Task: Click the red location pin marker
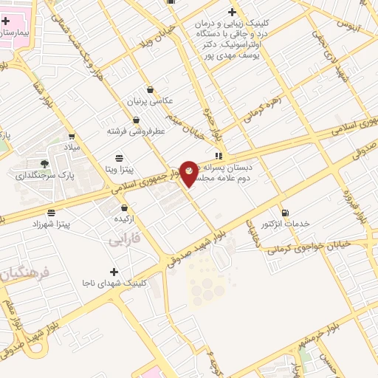point(189,173)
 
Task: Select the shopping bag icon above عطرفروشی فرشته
point(136,120)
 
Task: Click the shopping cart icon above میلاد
point(72,136)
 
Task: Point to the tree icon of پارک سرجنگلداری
point(45,163)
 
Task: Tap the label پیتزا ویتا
point(119,169)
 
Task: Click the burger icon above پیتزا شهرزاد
point(51,212)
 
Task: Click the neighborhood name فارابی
point(123,240)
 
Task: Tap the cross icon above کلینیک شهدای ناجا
point(114,272)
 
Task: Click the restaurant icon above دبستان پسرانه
point(219,156)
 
